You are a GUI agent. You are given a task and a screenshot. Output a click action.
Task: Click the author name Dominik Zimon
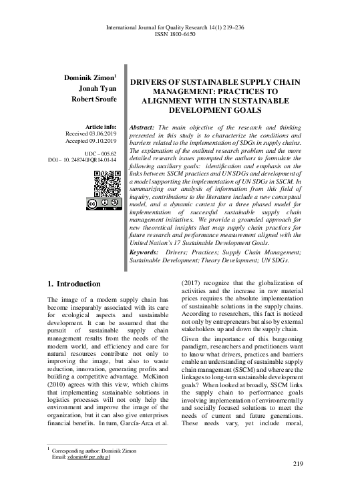(x=91, y=79)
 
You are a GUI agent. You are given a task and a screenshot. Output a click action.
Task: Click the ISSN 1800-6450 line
(x=179, y=33)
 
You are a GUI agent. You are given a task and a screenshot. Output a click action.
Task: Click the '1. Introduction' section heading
(x=75, y=284)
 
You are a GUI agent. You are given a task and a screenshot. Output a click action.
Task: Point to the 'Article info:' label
(x=98, y=126)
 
